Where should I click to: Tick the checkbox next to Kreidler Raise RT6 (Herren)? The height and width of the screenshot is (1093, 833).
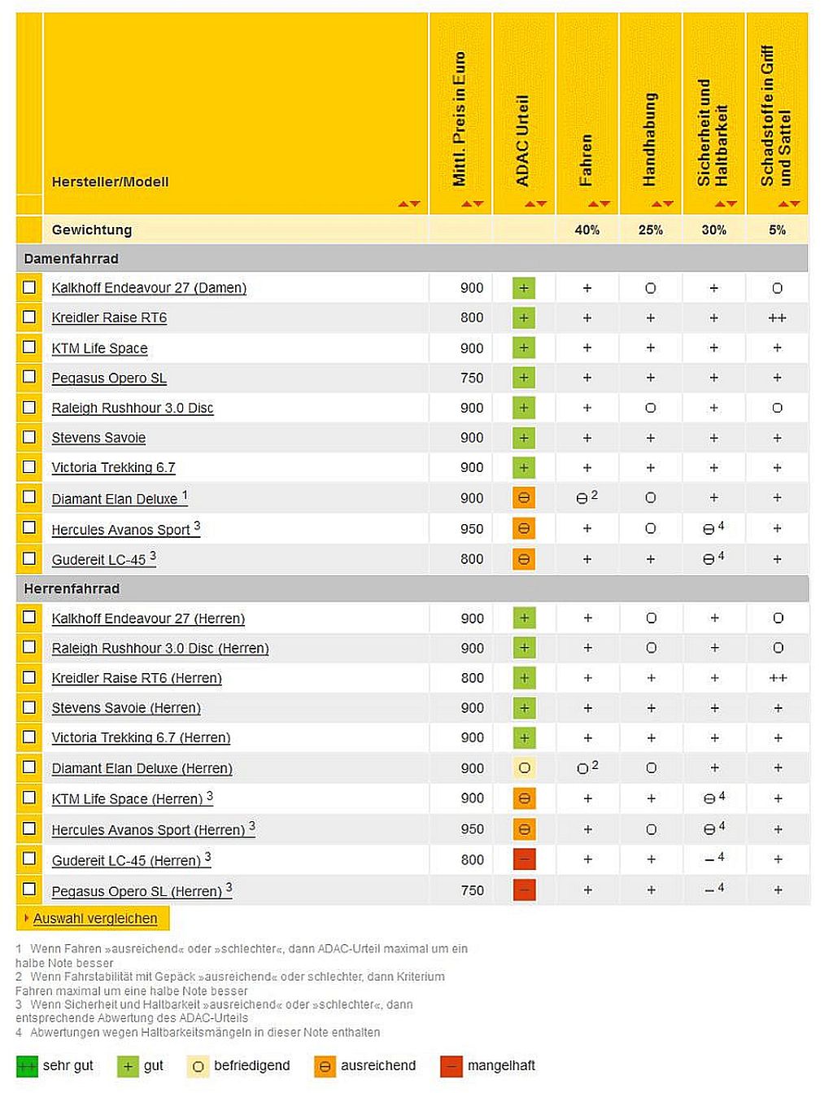(29, 677)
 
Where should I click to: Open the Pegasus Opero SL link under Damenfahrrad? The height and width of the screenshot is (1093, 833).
(109, 378)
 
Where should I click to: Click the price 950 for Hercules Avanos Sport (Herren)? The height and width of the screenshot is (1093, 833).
(472, 828)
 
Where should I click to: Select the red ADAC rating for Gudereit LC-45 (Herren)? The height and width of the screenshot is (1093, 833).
(525, 859)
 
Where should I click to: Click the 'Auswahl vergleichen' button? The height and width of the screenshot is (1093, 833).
(94, 918)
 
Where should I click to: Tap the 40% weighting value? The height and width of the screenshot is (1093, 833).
(587, 230)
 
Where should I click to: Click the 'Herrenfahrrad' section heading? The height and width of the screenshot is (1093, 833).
(72, 588)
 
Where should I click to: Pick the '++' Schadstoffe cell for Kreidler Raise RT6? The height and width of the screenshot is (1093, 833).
(777, 317)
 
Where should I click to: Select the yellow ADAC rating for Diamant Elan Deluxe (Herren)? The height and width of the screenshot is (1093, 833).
(525, 767)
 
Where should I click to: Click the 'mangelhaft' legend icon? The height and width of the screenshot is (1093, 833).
(451, 1066)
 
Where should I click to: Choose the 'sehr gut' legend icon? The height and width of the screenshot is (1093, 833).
(27, 1066)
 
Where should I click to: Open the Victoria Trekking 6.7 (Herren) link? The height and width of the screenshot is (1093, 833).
(141, 737)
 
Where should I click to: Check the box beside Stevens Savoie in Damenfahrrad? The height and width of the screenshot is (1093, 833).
(29, 437)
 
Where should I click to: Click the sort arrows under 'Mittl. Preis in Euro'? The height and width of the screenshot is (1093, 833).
(473, 203)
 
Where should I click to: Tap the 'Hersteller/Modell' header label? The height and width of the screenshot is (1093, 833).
(110, 181)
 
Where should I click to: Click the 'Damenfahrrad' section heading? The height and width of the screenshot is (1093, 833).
(71, 258)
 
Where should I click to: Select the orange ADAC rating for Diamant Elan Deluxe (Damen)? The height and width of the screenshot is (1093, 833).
(524, 498)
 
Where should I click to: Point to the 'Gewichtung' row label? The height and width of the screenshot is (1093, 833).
(91, 230)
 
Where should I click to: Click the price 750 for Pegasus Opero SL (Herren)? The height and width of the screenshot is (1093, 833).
(472, 890)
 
